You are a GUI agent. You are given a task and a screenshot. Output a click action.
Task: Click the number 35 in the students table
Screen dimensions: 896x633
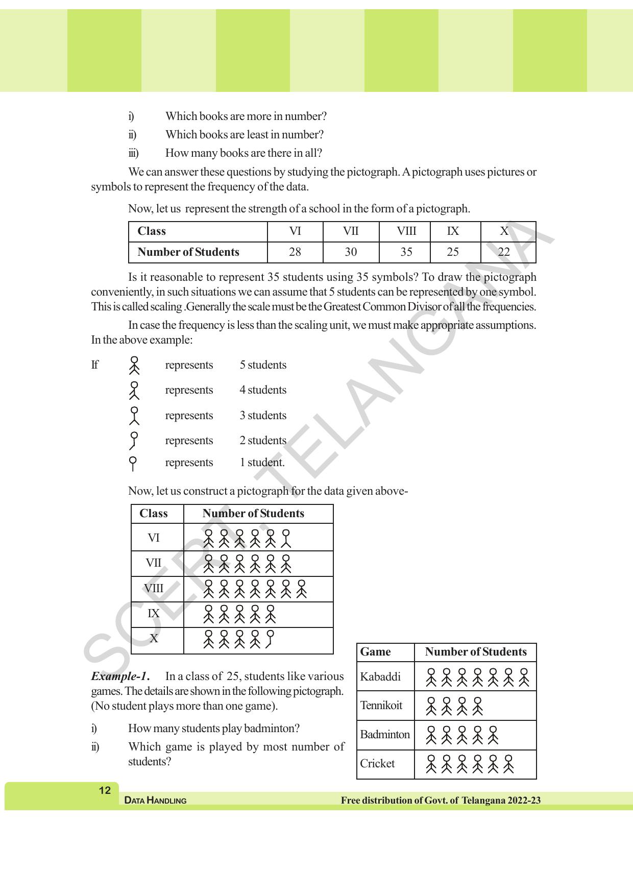coord(406,252)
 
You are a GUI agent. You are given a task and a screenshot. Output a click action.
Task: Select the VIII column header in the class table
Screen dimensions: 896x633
coord(406,231)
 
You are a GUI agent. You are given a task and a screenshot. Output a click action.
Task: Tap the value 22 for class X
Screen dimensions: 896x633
coord(504,252)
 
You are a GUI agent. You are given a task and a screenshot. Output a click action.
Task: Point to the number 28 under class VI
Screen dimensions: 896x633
coord(295,252)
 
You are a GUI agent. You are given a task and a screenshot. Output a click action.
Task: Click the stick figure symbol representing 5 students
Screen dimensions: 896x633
coord(134,366)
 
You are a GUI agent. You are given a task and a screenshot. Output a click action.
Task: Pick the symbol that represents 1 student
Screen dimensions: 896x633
coord(133,463)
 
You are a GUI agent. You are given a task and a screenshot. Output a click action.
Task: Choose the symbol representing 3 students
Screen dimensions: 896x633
coord(134,416)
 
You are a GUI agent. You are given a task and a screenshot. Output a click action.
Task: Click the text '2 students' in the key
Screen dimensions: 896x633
coord(263,441)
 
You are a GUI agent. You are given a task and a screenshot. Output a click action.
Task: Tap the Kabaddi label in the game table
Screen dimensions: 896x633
coord(380,677)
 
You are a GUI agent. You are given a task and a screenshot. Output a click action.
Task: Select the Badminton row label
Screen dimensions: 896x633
coord(385,735)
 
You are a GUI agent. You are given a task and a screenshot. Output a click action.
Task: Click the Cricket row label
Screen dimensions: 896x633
coord(377,764)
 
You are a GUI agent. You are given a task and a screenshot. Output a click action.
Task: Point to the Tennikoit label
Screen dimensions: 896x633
coord(381,706)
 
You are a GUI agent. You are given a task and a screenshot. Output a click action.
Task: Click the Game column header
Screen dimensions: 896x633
coord(375,652)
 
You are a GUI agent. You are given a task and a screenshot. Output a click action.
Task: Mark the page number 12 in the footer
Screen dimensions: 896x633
coord(105,791)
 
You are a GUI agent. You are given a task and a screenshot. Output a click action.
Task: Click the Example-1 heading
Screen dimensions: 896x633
coord(120,677)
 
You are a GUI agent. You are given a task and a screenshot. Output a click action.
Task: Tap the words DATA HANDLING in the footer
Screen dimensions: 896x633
coord(155,801)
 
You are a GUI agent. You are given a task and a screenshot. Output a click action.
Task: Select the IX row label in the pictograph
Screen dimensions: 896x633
coord(154,614)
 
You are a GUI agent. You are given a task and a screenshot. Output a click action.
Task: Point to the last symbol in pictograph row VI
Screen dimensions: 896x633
coord(286,538)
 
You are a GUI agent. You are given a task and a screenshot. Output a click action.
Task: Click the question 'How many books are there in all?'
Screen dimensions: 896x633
coord(244,153)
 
